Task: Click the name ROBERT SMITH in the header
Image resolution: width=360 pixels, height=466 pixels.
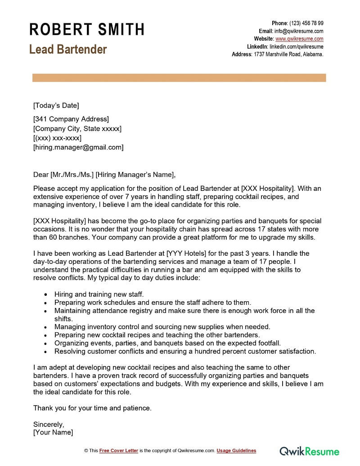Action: click(x=87, y=29)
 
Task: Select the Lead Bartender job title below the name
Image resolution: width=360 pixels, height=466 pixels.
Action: click(x=68, y=49)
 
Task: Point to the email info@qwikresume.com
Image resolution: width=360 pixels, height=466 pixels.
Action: click(x=299, y=31)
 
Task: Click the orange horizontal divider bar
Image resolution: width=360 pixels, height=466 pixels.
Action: click(x=179, y=78)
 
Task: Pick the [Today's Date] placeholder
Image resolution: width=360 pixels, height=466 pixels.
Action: click(x=56, y=105)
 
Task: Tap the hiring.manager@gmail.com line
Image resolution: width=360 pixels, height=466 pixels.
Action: click(x=78, y=147)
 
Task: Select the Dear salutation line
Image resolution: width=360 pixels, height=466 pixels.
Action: click(x=104, y=175)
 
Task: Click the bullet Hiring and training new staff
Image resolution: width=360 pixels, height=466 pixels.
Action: click(x=99, y=294)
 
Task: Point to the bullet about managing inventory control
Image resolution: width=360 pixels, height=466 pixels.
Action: click(x=162, y=326)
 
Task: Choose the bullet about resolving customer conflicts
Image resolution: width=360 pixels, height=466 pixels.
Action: click(x=185, y=351)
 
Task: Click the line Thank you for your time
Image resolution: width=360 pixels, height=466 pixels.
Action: click(x=93, y=408)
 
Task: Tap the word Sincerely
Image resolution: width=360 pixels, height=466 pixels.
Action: click(x=49, y=424)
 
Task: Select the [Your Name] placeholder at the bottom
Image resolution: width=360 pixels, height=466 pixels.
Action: click(x=53, y=432)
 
